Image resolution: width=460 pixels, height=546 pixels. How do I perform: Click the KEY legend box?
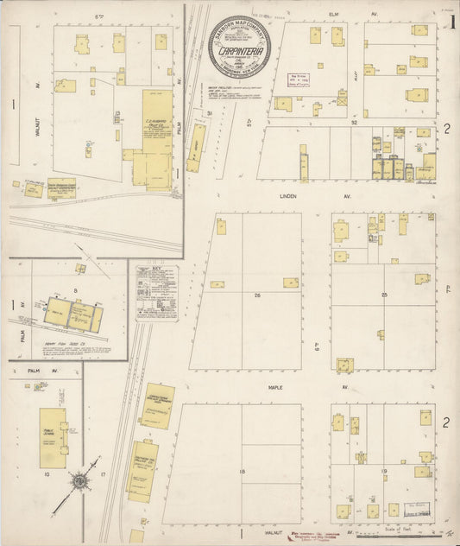(x=156, y=289)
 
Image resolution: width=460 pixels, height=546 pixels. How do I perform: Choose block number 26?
(x=257, y=295)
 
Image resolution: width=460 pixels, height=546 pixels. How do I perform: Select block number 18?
(x=243, y=471)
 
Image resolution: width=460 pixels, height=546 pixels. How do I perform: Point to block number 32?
(x=354, y=123)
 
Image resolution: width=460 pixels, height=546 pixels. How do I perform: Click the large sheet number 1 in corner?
(x=452, y=22)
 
